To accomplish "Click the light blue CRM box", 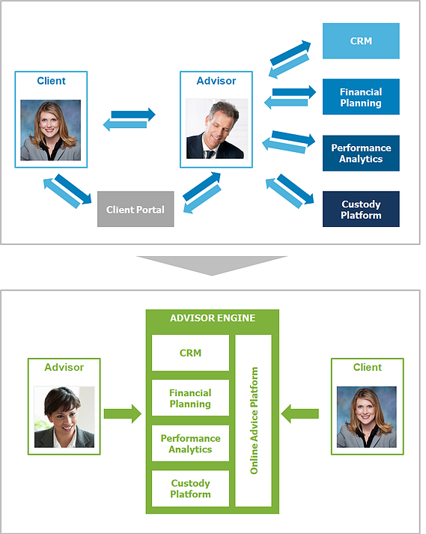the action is [361, 41].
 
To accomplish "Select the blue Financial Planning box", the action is [361, 97].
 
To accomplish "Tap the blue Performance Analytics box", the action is [361, 153].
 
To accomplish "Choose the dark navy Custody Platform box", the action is [361, 209].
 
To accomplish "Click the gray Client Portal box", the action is [136, 209].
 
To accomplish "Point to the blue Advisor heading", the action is [216, 81].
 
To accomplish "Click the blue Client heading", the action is [51, 81].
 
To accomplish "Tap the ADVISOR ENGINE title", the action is [213, 318].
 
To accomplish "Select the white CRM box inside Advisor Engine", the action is [190, 353].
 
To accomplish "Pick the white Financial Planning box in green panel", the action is [190, 398].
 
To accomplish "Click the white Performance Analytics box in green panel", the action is [190, 443].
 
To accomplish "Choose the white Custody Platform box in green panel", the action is [190, 488].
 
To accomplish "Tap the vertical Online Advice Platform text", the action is [254, 420].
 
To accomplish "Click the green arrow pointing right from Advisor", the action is [123, 413].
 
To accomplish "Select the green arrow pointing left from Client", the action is [300, 413].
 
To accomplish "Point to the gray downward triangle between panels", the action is [212, 264].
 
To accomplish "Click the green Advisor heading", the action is [64, 367].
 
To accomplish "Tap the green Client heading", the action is [368, 367].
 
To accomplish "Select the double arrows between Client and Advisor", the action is [129, 119].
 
